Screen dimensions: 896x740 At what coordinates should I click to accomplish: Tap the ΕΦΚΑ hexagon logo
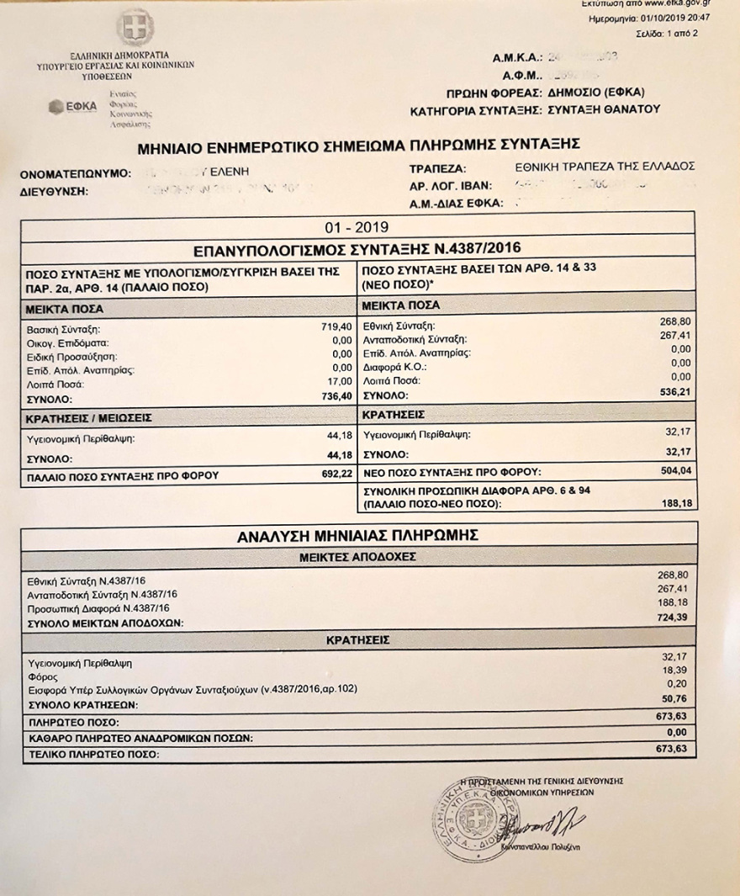coord(57,106)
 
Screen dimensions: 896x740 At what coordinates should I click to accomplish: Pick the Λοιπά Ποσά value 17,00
coord(338,384)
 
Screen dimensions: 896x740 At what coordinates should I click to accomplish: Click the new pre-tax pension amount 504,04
coord(675,471)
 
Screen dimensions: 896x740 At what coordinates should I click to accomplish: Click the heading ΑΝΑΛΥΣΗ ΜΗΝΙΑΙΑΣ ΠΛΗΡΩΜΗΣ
coord(357,535)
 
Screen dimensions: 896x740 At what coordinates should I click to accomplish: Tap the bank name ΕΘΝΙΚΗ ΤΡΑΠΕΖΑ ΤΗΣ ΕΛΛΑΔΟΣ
coord(604,167)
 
